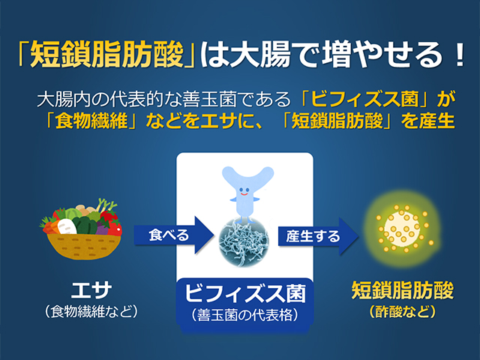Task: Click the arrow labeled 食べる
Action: [x=173, y=235]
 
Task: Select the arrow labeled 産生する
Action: [x=318, y=236]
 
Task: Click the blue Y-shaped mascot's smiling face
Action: [x=244, y=191]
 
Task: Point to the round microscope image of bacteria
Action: [x=244, y=241]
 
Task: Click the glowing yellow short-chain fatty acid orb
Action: [x=402, y=229]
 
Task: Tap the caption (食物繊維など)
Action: [x=91, y=312]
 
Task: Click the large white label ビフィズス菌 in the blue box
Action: [x=245, y=293]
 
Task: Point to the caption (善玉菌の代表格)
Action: [x=245, y=315]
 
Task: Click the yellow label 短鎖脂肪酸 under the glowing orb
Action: [x=402, y=290]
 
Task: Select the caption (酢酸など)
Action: [x=402, y=312]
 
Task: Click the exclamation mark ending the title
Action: [x=459, y=55]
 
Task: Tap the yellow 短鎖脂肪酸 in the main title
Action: [x=106, y=55]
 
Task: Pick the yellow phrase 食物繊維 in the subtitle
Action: [x=91, y=121]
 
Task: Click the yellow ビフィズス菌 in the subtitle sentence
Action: [x=364, y=99]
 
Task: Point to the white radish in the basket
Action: [x=67, y=226]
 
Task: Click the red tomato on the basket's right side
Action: [x=115, y=228]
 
